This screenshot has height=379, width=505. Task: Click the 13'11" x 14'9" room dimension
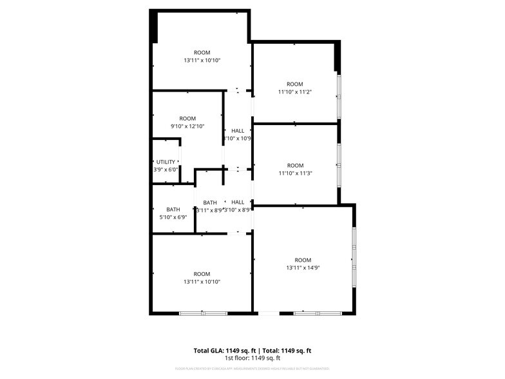302,267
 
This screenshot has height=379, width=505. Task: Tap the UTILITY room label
165,162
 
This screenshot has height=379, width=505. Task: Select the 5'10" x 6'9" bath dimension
173,217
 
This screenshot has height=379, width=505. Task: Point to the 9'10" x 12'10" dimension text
187,126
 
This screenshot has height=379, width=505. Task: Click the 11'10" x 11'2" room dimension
295,92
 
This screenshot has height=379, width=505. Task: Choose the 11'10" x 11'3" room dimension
295,173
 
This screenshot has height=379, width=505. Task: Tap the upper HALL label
238,131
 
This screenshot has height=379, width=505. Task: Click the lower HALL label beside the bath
238,202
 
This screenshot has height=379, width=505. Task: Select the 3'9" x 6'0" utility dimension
165,170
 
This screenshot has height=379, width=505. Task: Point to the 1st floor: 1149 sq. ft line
252,358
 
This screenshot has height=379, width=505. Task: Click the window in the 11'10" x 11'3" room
339,164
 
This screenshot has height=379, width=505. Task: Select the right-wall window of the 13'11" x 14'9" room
353,258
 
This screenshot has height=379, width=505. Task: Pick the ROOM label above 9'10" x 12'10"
187,119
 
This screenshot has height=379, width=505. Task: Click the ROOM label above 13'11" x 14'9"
302,260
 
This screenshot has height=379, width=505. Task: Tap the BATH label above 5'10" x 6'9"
173,209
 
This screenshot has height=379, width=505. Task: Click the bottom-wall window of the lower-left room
202,313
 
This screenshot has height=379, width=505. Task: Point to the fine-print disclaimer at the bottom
252,369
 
